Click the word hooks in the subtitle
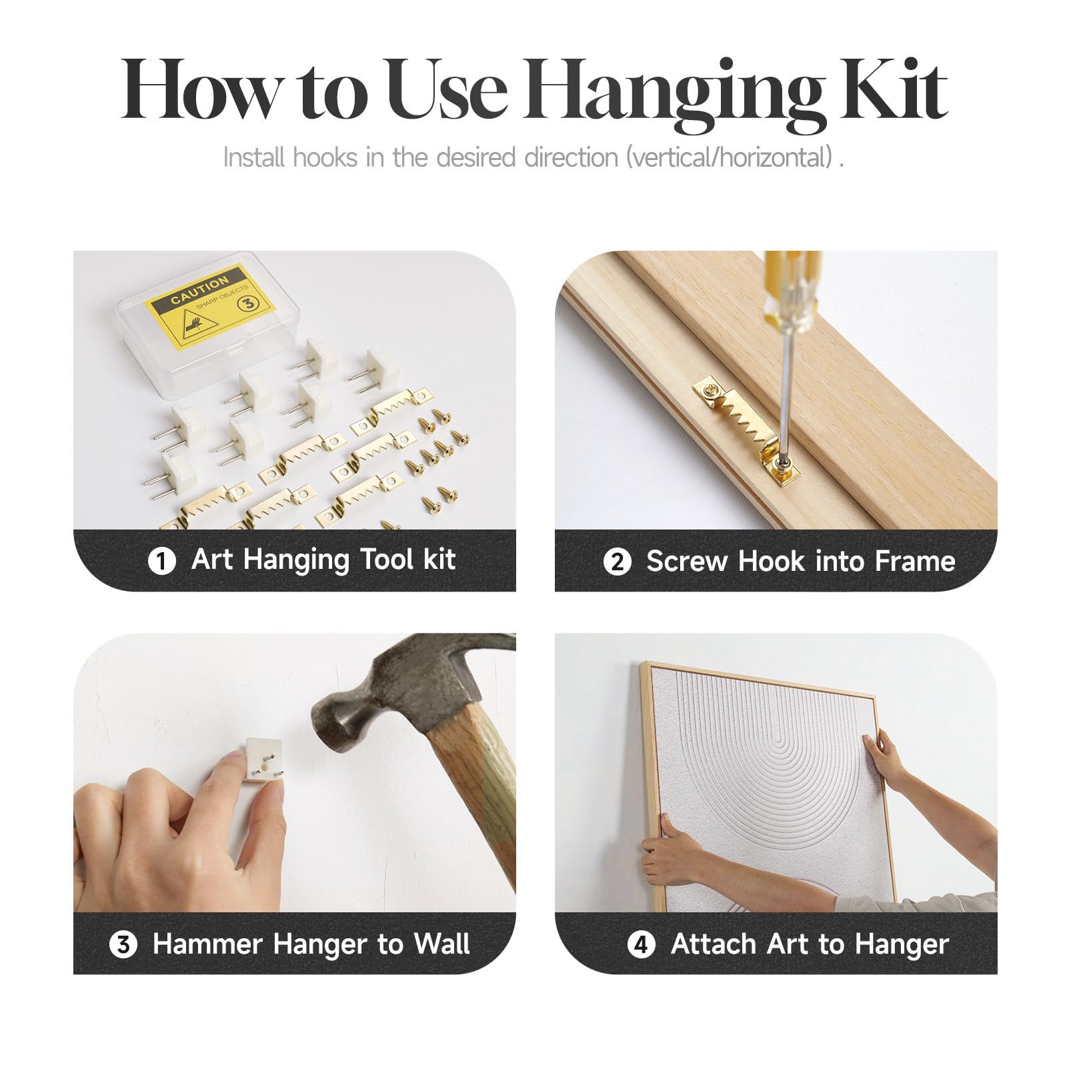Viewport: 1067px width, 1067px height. click(x=325, y=158)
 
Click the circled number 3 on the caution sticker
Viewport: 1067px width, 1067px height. click(x=248, y=303)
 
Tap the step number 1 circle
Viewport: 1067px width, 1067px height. click(x=161, y=561)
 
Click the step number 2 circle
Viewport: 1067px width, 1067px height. click(x=617, y=562)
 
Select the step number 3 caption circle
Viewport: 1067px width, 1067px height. click(x=123, y=945)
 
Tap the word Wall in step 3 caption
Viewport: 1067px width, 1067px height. click(x=441, y=944)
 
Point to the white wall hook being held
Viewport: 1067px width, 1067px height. click(x=262, y=760)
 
